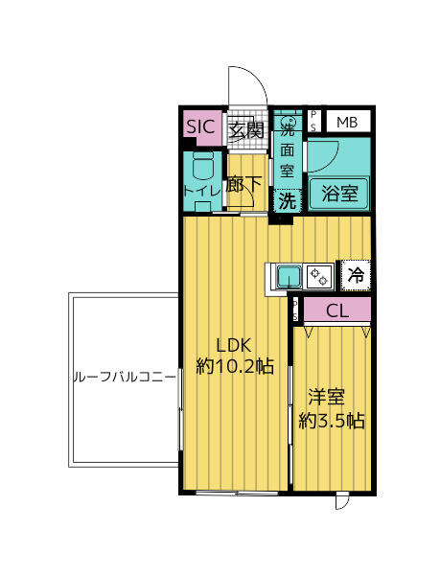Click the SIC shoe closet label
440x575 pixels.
[x=200, y=126]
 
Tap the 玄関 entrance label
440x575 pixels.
[x=246, y=130]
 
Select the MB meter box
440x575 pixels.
[x=347, y=122]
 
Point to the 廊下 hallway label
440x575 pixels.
[x=243, y=184]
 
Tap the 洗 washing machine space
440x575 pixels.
[x=288, y=200]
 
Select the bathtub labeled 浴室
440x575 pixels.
[x=339, y=194]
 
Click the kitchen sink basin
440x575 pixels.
[x=289, y=277]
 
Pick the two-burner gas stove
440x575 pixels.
[x=319, y=277]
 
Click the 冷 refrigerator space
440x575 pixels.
[x=356, y=275]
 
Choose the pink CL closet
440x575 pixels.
[x=337, y=310]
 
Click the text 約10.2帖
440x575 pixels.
[x=235, y=366]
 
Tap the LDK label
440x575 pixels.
[x=234, y=345]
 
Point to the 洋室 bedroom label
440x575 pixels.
[x=326, y=397]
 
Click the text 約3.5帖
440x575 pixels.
[x=332, y=421]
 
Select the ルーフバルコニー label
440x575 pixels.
[x=125, y=377]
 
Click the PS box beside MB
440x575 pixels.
[x=313, y=121]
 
